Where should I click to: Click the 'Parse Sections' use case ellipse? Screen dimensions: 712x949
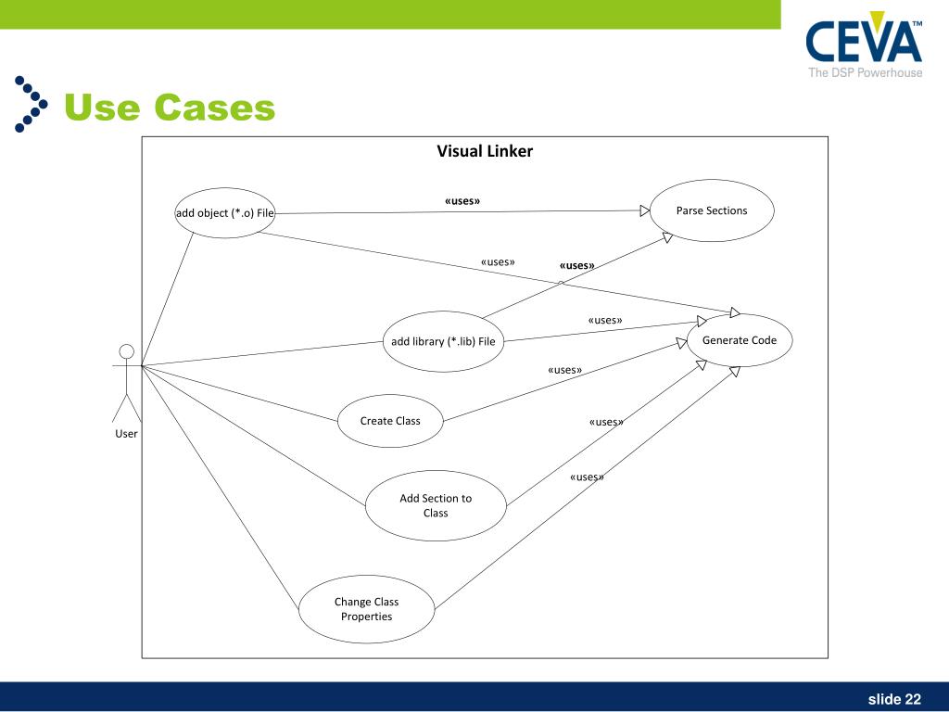(712, 210)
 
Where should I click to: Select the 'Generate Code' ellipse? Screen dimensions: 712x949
(739, 340)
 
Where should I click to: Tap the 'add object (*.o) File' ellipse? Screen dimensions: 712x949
(225, 213)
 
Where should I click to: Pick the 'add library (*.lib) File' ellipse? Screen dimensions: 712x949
(443, 341)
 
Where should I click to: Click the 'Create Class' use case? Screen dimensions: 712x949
(390, 421)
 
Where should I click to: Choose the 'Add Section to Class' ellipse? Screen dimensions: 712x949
(436, 505)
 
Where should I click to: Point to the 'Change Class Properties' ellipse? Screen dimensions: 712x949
(366, 609)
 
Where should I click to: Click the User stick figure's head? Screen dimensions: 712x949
(127, 351)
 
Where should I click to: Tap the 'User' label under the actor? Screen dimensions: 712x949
(126, 433)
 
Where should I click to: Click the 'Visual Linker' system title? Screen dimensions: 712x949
(485, 151)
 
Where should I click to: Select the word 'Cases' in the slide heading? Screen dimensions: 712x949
(215, 108)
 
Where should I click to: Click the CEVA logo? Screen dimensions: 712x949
(864, 43)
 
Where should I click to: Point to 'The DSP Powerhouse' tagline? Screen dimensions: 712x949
(865, 73)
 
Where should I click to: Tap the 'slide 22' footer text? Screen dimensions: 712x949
(894, 698)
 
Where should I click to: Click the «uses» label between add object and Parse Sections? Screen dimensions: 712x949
(462, 200)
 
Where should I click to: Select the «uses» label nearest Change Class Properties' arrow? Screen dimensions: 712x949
(587, 477)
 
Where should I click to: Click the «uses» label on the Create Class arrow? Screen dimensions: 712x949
(564, 370)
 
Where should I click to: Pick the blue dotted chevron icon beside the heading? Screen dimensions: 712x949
(32, 103)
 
